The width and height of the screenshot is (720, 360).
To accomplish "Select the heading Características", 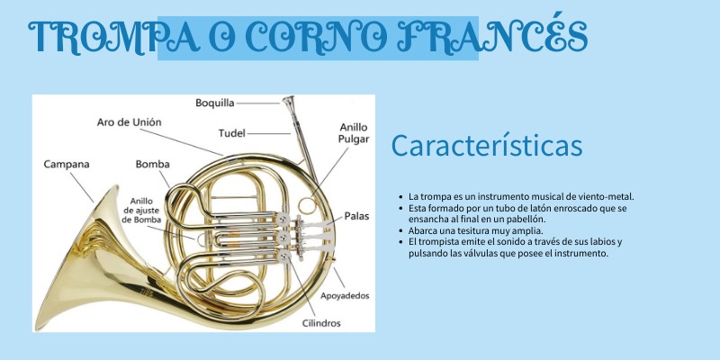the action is tap(487, 145).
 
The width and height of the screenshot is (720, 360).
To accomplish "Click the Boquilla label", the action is tap(215, 103).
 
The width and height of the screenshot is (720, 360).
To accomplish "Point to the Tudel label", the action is tap(232, 133).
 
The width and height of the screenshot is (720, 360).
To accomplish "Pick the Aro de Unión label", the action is tap(129, 122).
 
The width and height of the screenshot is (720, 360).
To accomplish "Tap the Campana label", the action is tap(67, 164).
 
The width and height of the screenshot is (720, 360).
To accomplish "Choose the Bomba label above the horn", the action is tap(152, 164).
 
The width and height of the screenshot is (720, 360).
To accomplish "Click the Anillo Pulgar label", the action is tap(354, 133).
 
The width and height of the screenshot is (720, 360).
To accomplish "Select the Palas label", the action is tap(356, 216).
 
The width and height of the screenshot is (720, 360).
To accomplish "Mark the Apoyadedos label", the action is tap(345, 296).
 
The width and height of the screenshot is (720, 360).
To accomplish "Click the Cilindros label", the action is tap(321, 323).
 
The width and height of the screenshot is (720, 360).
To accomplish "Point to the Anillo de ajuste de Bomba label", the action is tap(142, 210).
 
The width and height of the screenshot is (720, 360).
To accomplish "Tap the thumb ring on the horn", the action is tap(308, 205).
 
